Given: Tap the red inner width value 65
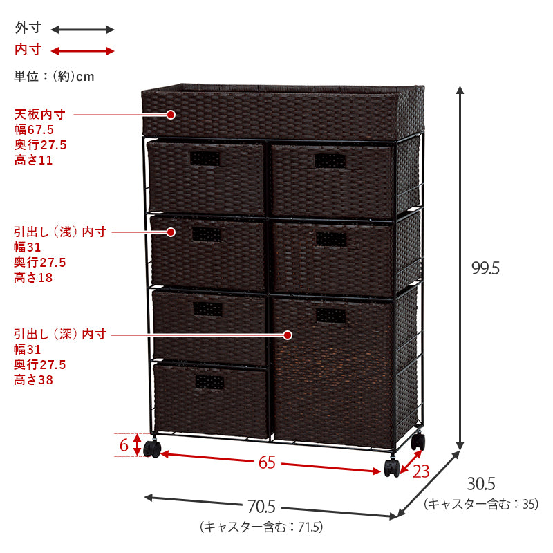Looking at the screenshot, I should coord(267,463).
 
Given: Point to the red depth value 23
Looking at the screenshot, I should coord(421,471).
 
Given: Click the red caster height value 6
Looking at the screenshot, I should coord(124,445).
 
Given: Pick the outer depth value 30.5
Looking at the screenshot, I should coord(481,484).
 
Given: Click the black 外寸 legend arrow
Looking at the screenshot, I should coord(82,29).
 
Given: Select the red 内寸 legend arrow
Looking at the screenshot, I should coord(82,50).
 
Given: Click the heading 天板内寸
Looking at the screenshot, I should coord(39,114).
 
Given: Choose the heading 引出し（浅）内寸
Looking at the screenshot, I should coord(60,232).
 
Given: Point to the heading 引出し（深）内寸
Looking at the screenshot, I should coord(60,335).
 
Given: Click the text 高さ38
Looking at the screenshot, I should coord(33,380).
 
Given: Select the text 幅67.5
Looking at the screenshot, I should coord(34,130).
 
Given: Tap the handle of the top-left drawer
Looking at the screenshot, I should coord(206,160).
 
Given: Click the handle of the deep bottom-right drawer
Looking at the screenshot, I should coord(330,316).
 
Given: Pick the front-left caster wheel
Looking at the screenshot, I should coord(153,450).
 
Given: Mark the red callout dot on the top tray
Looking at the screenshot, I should coord(171,114).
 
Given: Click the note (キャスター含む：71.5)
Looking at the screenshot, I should coord(261,527).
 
